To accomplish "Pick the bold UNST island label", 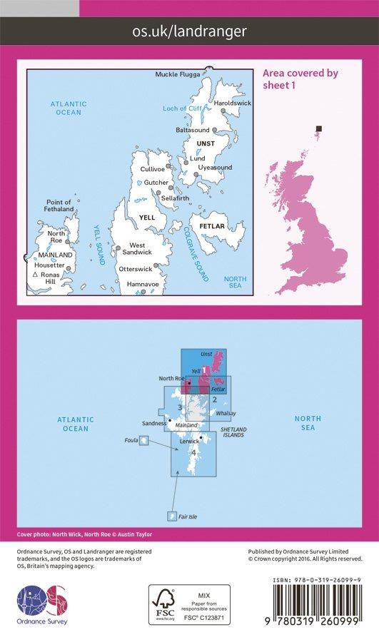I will (x=204, y=143).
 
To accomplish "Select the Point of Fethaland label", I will (x=59, y=205).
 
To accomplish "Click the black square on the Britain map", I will (x=319, y=129).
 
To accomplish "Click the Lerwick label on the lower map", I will (x=190, y=441).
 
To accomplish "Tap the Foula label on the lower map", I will (x=130, y=440).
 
